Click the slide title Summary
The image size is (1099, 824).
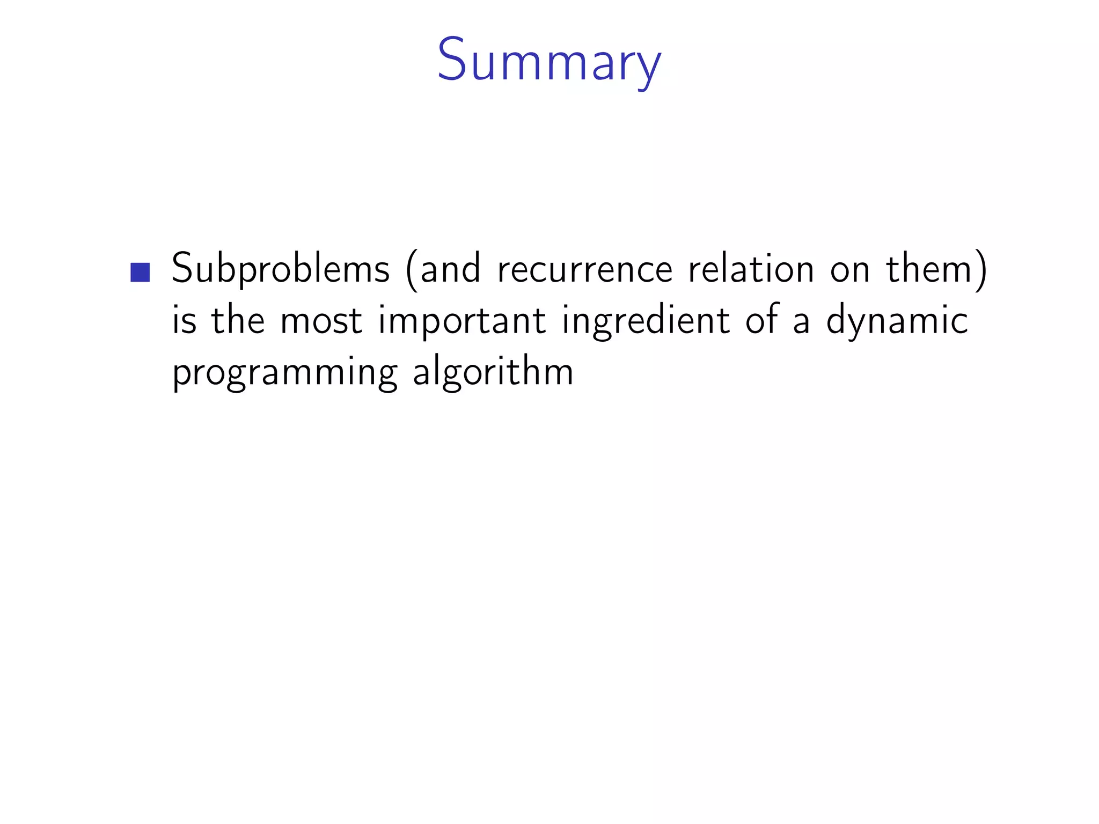tap(549, 60)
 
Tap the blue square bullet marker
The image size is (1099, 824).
tap(140, 272)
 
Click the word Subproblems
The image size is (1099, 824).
tap(280, 269)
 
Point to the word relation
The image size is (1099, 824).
tap(751, 269)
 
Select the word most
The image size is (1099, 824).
tap(321, 320)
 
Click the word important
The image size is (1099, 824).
tap(462, 321)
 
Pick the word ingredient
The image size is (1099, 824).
tap(646, 321)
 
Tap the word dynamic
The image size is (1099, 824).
tap(897, 321)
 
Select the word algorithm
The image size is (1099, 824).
tap(493, 372)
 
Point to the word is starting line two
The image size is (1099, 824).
tap(184, 320)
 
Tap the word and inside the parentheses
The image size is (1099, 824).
tap(450, 269)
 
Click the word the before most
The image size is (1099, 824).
tap(238, 320)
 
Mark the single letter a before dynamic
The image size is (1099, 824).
tap(801, 321)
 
